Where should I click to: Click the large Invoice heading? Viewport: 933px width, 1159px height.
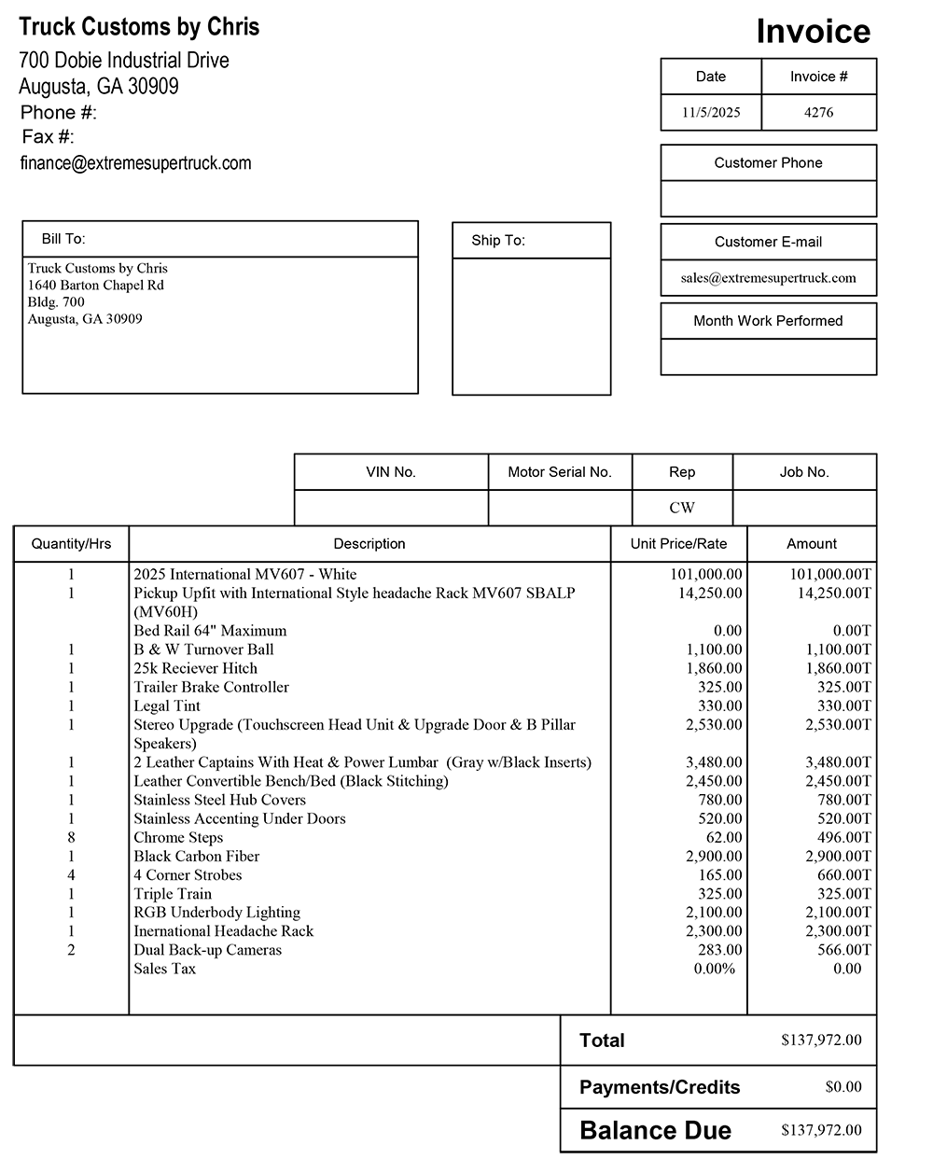[813, 32]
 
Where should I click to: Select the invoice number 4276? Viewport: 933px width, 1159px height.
[818, 112]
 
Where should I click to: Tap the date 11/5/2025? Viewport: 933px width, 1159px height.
[711, 112]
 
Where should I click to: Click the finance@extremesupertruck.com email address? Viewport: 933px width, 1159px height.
[136, 163]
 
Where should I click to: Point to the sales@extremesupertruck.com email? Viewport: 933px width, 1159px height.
[768, 277]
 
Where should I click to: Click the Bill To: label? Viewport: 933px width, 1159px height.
[63, 239]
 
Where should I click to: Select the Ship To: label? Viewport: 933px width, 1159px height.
[498, 240]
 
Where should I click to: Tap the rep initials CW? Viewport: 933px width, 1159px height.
[682, 508]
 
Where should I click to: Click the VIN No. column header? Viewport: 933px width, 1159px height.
[391, 472]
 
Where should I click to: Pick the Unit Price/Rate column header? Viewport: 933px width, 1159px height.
[678, 543]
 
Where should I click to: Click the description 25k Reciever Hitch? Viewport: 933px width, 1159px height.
[195, 668]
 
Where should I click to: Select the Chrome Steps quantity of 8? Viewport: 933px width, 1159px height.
[71, 837]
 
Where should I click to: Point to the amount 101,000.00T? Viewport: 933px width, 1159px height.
[830, 574]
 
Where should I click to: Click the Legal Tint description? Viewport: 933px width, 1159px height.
[167, 705]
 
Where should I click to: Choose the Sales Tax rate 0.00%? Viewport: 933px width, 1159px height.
[715, 969]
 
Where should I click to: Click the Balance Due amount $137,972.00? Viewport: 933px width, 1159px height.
[821, 1130]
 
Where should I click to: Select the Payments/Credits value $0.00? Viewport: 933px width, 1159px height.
[843, 1086]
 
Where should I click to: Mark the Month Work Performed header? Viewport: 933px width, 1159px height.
[768, 321]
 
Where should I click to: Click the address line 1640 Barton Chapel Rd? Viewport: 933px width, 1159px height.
[95, 285]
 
